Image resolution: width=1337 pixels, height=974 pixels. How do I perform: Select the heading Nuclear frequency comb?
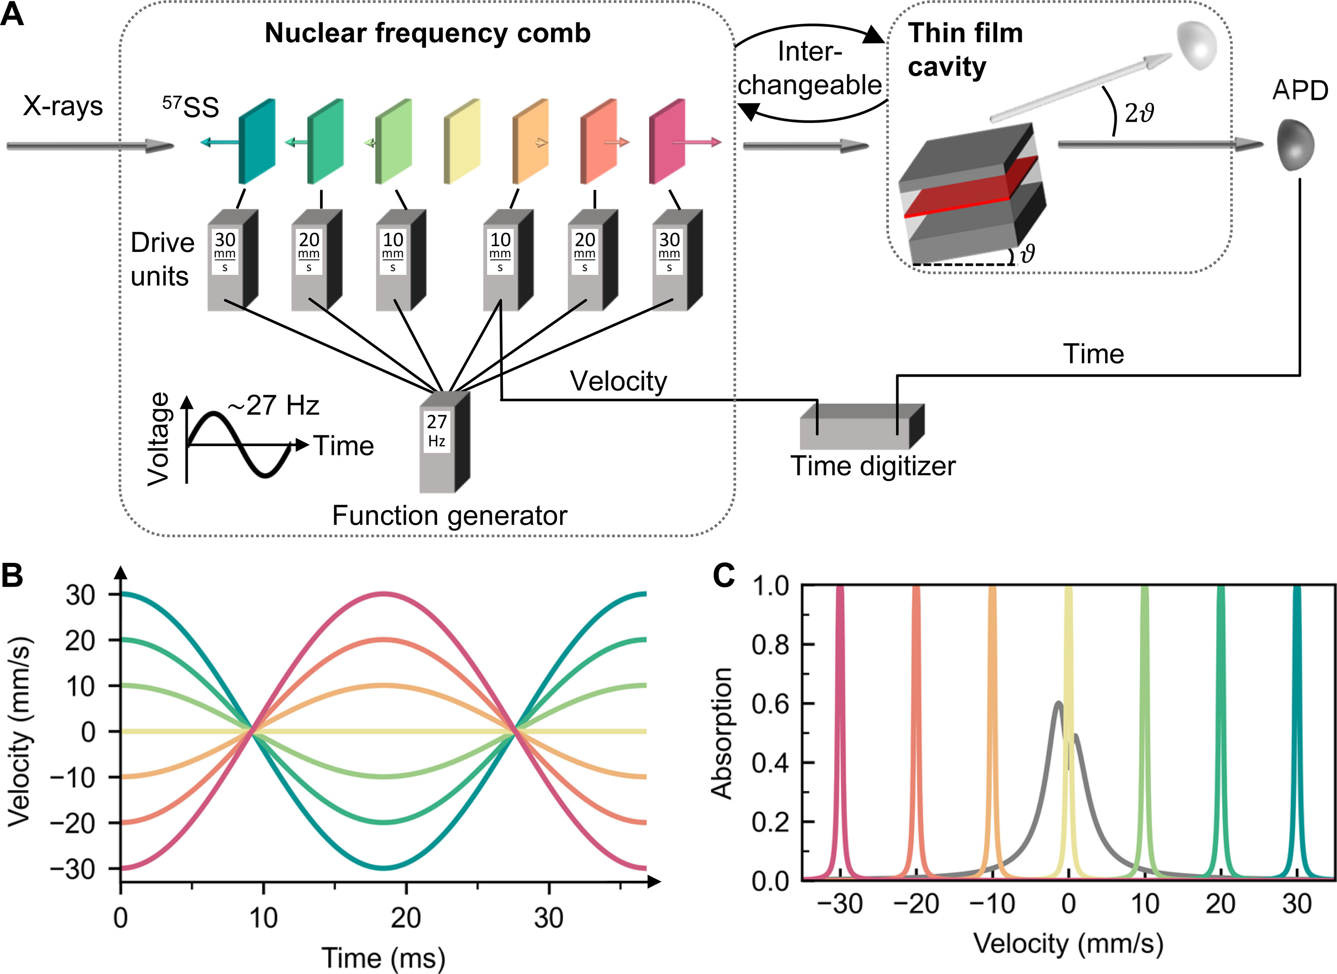[427, 33]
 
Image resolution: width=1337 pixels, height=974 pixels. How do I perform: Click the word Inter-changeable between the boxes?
[810, 68]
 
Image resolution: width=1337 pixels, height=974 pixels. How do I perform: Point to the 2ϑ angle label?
[1139, 112]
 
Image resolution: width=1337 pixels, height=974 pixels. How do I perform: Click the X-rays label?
[63, 106]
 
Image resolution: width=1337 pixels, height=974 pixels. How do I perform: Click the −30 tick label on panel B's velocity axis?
[72, 869]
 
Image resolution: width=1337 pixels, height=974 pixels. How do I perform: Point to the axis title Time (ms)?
[383, 957]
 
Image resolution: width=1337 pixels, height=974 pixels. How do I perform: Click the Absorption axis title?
[722, 733]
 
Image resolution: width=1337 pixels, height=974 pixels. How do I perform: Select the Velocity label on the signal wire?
[618, 381]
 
